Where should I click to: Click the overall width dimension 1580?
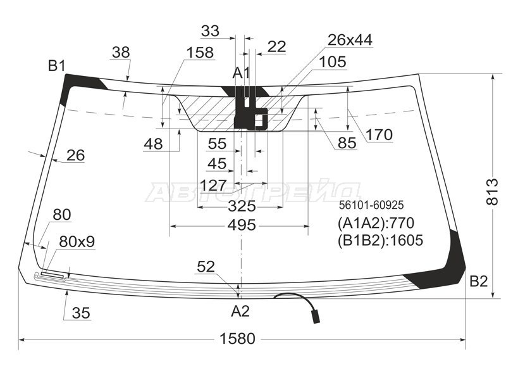click(237, 339)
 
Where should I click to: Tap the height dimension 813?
click(493, 191)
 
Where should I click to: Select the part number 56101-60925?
click(371, 205)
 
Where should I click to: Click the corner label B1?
click(56, 66)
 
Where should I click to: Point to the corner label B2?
click(478, 281)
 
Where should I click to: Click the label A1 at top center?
click(242, 73)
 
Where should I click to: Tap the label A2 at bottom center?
click(240, 311)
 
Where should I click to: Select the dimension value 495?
click(242, 225)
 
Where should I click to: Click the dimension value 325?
click(242, 206)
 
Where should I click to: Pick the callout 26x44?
click(350, 40)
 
